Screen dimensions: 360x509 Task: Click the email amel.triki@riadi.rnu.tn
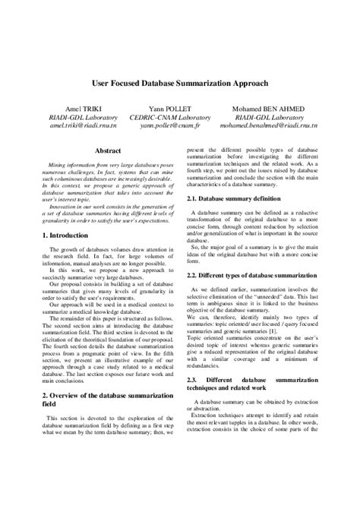click(x=81, y=126)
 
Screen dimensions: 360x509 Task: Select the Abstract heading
click(x=106, y=150)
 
